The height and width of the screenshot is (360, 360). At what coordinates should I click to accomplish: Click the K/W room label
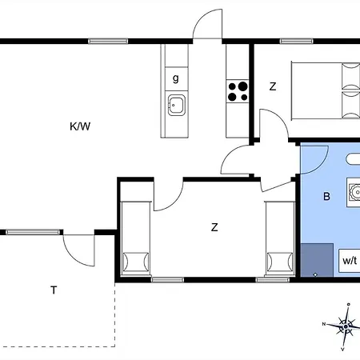tap(79, 126)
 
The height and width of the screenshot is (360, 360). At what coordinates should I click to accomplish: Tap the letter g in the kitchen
tap(175, 78)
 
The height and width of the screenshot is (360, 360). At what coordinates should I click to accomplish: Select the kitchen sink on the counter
tap(176, 102)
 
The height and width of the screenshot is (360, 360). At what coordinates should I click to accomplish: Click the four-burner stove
tap(238, 90)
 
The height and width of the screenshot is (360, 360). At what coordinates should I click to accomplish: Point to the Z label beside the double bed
tap(273, 87)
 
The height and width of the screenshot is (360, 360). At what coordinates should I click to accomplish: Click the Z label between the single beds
tap(214, 227)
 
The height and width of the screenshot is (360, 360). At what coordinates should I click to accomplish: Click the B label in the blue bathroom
tap(326, 196)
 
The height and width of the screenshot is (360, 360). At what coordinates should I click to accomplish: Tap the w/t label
tap(350, 260)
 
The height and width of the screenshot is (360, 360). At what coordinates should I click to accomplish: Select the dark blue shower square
tap(318, 258)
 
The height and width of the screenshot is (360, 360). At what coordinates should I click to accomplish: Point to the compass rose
tap(345, 326)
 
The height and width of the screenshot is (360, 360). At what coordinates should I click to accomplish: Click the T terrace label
tap(54, 290)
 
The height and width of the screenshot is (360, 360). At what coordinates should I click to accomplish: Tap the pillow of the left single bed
tap(134, 262)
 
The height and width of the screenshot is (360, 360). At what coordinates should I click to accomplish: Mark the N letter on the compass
tap(324, 324)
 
